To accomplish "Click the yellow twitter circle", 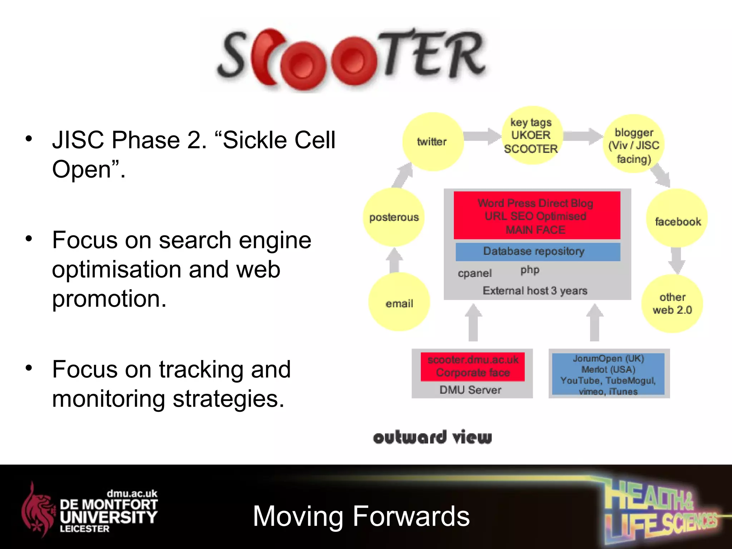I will [x=432, y=142].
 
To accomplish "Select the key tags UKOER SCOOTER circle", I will [x=531, y=136].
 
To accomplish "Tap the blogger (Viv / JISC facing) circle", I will [x=634, y=145].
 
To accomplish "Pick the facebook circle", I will [x=677, y=218].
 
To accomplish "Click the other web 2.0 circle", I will [x=672, y=304].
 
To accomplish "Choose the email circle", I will [x=399, y=302].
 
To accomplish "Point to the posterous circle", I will [x=394, y=217].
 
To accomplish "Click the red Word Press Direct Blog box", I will [x=536, y=216].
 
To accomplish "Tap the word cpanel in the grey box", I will [x=475, y=273].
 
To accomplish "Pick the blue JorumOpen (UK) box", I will [x=608, y=374].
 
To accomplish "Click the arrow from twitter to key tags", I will [x=481, y=136].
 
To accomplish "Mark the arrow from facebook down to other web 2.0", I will [x=676, y=260].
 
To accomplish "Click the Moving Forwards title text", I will [x=361, y=516].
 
